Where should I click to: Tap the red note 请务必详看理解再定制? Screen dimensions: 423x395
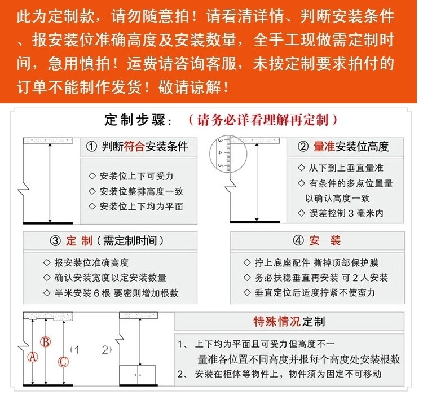(263, 120)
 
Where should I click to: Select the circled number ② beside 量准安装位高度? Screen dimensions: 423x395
(303, 147)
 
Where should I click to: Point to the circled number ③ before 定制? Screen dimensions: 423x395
(55, 241)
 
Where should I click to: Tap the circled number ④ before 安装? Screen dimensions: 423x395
(298, 241)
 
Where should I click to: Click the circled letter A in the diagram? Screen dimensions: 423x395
(33, 357)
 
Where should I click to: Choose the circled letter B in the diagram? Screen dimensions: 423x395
(47, 341)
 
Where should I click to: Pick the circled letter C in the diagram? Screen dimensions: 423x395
(64, 361)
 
